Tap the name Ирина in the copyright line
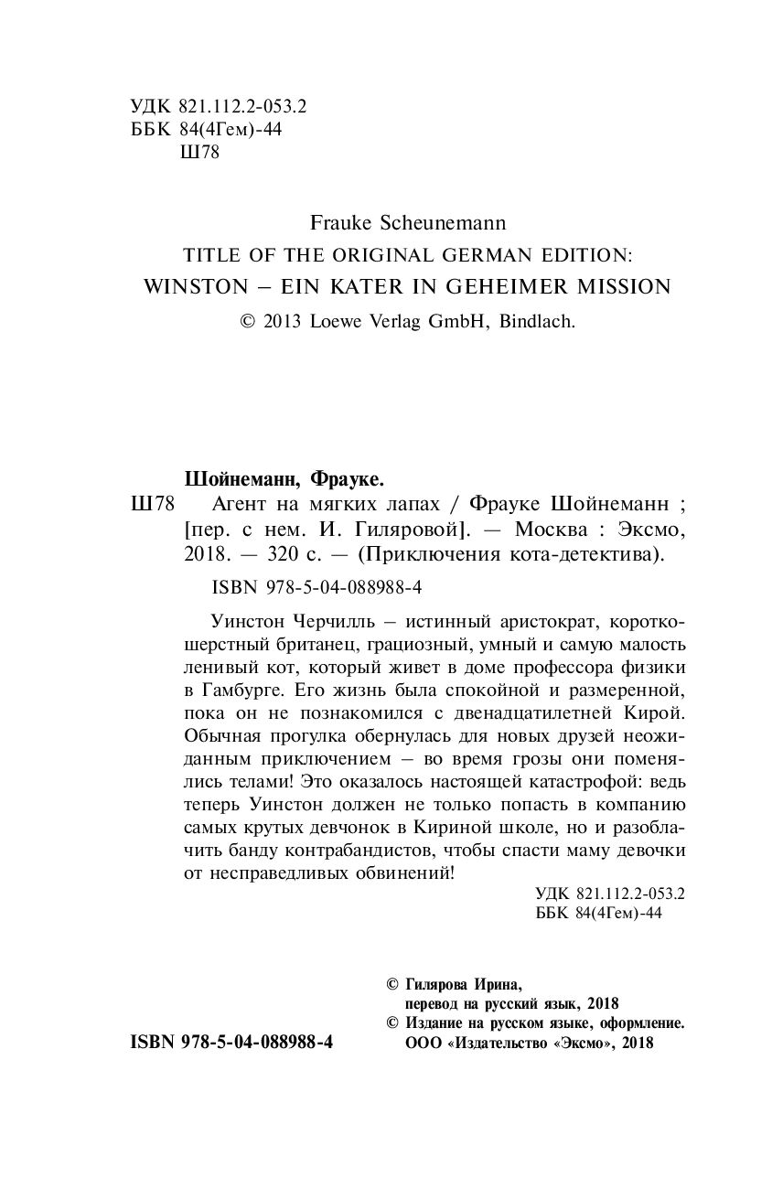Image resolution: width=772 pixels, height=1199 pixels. tap(498, 985)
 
